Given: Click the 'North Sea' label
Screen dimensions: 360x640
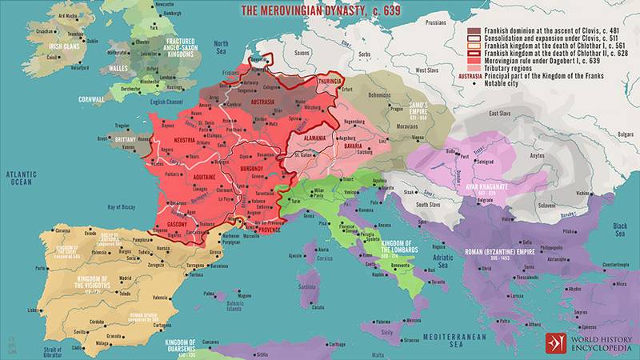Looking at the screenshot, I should (x=222, y=46).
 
